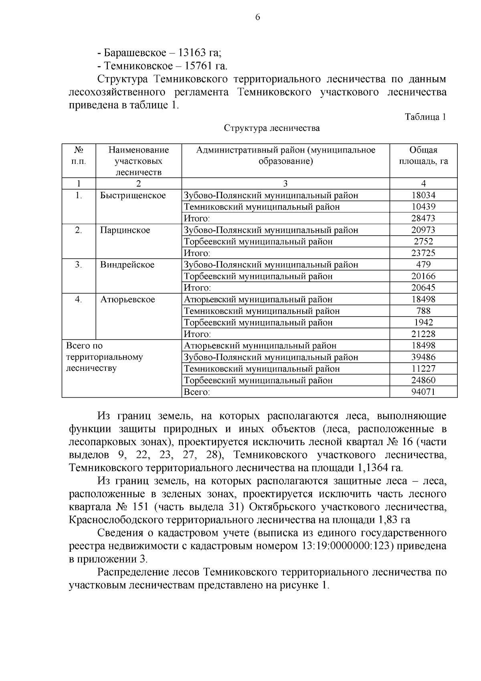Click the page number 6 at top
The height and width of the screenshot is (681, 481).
pos(257,17)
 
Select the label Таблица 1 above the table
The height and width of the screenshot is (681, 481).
pos(425,117)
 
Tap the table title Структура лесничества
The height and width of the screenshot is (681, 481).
pos(272,128)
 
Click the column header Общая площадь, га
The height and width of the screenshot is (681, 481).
pos(423,156)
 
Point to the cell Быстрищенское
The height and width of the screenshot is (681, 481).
pos(133,195)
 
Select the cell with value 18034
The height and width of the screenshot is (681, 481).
pos(423,195)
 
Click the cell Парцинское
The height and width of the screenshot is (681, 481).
pos(125,230)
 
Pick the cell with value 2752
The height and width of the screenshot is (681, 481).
pos(423,242)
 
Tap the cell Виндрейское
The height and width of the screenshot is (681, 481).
pos(127,265)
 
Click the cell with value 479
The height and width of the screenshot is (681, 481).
pos(423,265)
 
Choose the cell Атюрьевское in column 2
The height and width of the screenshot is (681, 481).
pos(127,300)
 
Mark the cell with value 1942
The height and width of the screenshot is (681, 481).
pos(423,323)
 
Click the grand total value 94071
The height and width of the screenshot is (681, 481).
pos(423,392)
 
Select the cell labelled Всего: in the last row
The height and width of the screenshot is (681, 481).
pos(196,392)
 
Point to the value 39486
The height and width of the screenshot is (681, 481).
pos(423,357)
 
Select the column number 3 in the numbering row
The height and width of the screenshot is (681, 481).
pos(285,184)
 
